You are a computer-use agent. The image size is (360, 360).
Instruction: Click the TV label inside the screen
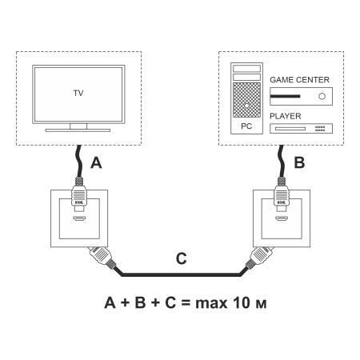click(78, 93)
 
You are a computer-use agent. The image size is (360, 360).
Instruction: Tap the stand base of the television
click(78, 130)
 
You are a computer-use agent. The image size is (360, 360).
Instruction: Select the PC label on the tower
click(246, 126)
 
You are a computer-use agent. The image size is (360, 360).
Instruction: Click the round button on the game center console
click(322, 96)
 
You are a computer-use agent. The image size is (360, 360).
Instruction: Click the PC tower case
click(246, 96)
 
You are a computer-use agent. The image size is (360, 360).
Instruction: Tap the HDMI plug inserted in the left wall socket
click(78, 200)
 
